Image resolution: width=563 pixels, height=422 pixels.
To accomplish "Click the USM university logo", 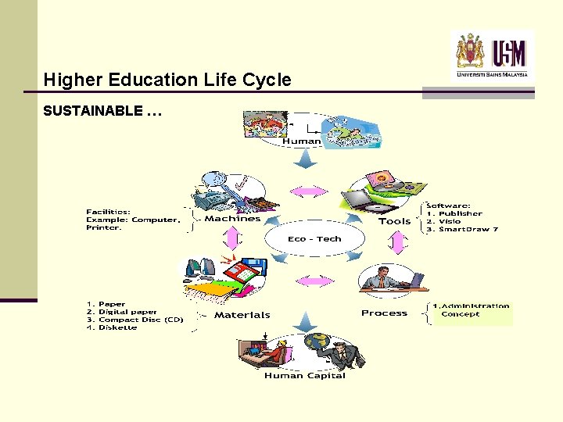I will click(493, 54).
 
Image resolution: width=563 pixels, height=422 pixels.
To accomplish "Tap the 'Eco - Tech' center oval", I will click(314, 239).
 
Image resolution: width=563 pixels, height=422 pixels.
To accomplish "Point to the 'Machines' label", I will click(232, 219).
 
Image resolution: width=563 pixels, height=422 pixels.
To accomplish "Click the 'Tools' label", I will click(395, 221).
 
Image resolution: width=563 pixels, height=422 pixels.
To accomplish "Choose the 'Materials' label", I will click(242, 315).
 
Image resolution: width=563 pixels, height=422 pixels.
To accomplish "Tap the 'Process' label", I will click(384, 313).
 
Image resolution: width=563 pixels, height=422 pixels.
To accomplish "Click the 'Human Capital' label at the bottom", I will click(304, 376).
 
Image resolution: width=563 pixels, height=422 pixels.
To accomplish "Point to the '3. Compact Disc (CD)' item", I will click(134, 320).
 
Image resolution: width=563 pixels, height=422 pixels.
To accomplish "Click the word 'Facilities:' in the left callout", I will click(108, 211).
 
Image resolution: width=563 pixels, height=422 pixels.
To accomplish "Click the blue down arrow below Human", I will click(303, 159).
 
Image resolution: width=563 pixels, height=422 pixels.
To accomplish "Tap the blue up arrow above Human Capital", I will click(303, 321).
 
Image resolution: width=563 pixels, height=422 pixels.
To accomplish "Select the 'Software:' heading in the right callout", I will click(449, 206).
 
